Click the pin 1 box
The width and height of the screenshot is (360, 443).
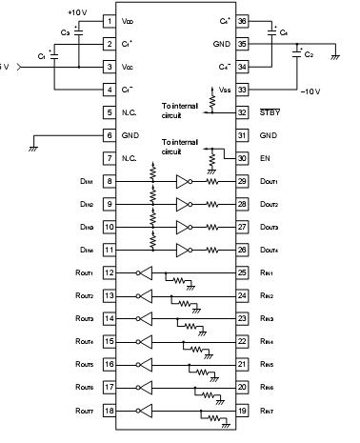click(x=109, y=20)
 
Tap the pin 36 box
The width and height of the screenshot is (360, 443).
click(x=241, y=20)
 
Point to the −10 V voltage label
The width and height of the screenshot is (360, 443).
click(x=310, y=92)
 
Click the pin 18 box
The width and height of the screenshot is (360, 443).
click(x=109, y=410)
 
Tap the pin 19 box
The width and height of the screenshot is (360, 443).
click(x=241, y=410)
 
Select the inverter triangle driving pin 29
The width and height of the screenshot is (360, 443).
click(x=184, y=180)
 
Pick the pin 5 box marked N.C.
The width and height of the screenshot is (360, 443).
click(x=109, y=112)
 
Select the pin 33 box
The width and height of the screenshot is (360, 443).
click(x=241, y=90)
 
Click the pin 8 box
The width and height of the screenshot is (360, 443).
click(x=109, y=181)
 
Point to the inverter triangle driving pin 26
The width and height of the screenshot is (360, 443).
click(x=184, y=250)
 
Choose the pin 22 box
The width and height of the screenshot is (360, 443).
click(x=241, y=341)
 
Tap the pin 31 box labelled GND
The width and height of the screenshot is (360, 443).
click(x=241, y=135)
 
